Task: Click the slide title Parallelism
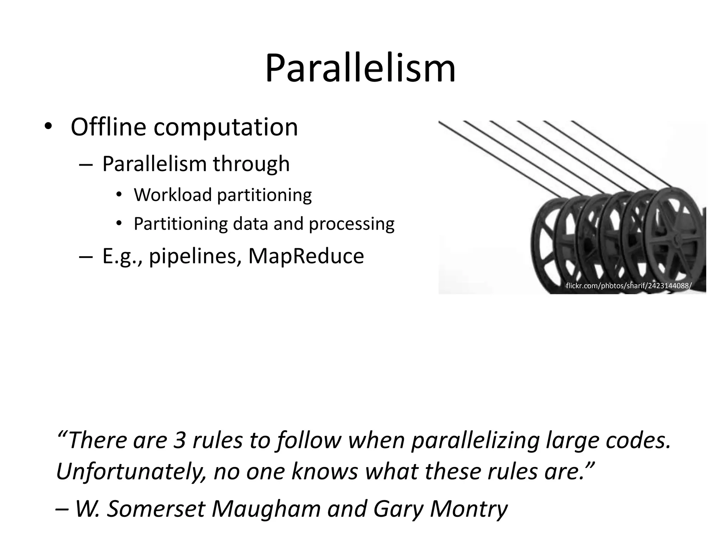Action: click(x=360, y=69)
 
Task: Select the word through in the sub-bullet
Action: click(x=251, y=164)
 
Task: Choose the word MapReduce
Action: click(x=306, y=256)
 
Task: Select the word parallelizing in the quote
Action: click(x=475, y=441)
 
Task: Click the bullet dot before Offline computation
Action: click(x=48, y=127)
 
